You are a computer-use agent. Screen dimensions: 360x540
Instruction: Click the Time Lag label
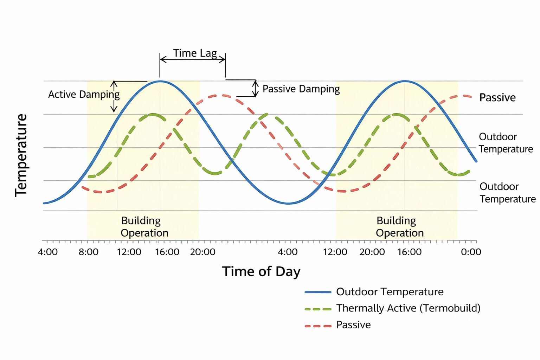coord(195,53)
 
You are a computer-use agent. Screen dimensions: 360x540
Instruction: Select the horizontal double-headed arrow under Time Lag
coord(192,59)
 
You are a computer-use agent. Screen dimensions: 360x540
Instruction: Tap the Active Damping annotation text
coord(84,94)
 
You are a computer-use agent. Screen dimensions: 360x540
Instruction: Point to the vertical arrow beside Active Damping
coord(114,96)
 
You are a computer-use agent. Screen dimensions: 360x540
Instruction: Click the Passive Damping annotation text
coord(301,89)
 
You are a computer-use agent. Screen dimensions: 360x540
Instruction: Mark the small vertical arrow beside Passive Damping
coord(256,88)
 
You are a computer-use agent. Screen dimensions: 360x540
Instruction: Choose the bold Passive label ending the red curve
coord(497,97)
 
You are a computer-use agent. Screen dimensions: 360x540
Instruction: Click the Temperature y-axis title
coord(21,155)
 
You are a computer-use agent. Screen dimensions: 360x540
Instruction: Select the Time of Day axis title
coord(261,271)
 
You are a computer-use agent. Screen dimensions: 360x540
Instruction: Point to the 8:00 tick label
coord(89,252)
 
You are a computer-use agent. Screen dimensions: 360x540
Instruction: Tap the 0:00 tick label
coord(471,252)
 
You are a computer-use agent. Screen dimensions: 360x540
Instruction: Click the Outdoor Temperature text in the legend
coord(390,292)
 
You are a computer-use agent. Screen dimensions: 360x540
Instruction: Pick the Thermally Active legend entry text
coord(408,308)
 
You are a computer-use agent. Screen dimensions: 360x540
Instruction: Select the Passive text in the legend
coord(353,324)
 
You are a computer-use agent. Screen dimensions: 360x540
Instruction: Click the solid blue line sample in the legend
coord(318,292)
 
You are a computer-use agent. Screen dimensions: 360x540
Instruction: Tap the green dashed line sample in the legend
coord(318,309)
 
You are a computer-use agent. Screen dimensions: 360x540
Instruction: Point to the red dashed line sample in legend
coord(318,326)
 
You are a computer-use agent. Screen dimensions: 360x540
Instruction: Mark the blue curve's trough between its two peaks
coord(288,203)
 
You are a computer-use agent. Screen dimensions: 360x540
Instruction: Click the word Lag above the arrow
coord(208,53)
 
